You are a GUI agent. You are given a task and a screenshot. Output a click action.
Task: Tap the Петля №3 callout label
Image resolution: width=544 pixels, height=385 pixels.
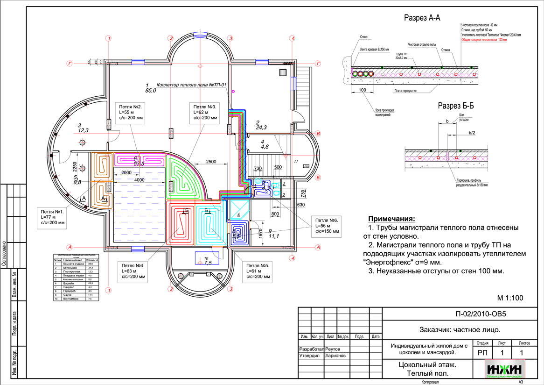pos(206,113)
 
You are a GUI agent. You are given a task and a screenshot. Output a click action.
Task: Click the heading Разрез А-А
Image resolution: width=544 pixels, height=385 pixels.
pos(422,18)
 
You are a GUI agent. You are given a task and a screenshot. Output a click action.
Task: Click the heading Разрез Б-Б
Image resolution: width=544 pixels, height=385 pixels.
pos(456,106)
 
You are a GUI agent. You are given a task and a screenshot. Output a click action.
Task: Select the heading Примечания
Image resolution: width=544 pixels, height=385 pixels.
pos(391,219)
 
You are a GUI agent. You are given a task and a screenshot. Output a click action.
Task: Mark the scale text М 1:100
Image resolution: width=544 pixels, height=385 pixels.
pos(510,298)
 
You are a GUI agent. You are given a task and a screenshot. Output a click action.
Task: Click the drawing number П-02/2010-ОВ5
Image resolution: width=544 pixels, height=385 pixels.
pos(480,314)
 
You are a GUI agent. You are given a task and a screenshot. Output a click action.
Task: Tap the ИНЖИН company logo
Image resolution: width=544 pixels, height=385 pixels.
pos(505,369)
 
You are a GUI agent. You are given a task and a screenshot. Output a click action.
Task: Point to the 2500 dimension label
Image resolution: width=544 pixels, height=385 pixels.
pos(210,162)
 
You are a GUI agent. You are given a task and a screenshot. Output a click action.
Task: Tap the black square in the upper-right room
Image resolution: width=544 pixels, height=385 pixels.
pos(283,72)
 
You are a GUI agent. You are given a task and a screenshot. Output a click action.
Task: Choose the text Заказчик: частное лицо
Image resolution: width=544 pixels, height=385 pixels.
pos(460,330)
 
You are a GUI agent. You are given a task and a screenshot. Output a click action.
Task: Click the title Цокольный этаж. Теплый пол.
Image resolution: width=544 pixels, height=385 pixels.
pos(427,369)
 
